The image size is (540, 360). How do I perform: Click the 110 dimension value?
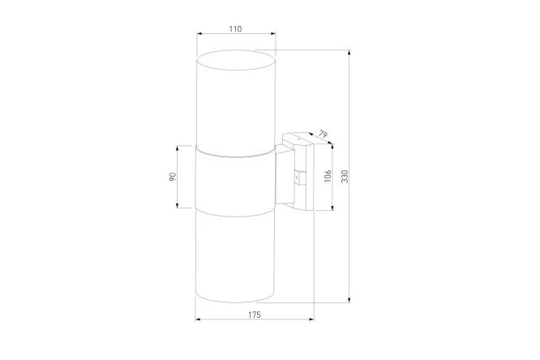[236, 29]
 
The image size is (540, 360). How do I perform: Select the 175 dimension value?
[255, 315]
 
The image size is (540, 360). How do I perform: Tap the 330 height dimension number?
[345, 177]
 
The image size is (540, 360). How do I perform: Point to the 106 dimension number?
[328, 176]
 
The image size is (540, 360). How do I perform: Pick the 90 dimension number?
[173, 177]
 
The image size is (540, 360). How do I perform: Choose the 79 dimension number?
[323, 134]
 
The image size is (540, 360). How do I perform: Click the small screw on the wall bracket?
[297, 178]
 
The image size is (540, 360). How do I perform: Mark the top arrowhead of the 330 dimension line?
[349, 53]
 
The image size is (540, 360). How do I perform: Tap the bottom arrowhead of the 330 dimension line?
[349, 300]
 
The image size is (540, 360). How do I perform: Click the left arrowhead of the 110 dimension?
[199, 33]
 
